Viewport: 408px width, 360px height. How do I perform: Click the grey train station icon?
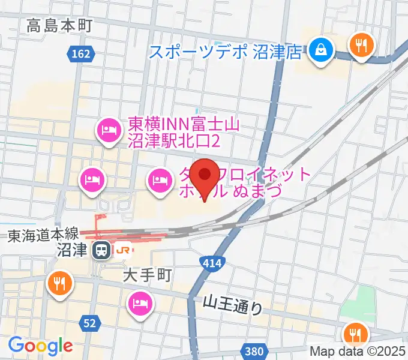pyautogui.click(x=103, y=250)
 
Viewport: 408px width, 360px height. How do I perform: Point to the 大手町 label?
pyautogui.click(x=148, y=275)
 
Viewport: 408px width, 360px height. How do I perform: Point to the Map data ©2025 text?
pyautogui.click(x=358, y=352)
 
